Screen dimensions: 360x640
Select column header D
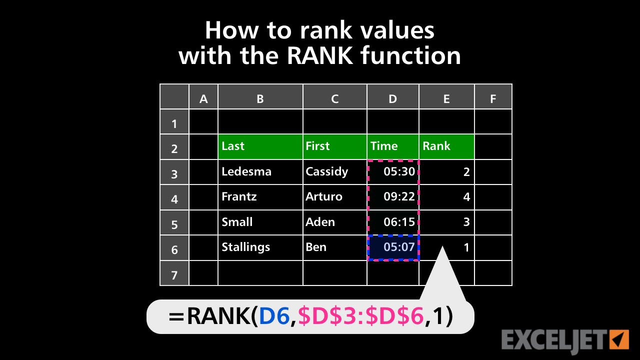click(x=392, y=98)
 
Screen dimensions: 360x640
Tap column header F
click(x=493, y=98)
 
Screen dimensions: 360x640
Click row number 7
click(x=174, y=274)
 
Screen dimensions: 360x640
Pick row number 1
click(x=174, y=123)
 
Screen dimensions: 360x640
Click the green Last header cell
click(x=260, y=146)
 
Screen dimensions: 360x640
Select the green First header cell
click(x=334, y=146)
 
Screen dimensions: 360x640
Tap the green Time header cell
click(x=392, y=146)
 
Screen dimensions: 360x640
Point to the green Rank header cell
click(x=446, y=146)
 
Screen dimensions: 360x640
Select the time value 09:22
click(x=399, y=196)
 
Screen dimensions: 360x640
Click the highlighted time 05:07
click(x=399, y=247)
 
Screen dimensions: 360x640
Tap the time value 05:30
click(x=399, y=171)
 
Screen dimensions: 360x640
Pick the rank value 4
click(x=466, y=197)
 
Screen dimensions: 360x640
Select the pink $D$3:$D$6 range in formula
click(x=360, y=316)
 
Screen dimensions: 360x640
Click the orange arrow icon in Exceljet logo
click(x=619, y=338)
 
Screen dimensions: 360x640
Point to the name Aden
click(x=320, y=222)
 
